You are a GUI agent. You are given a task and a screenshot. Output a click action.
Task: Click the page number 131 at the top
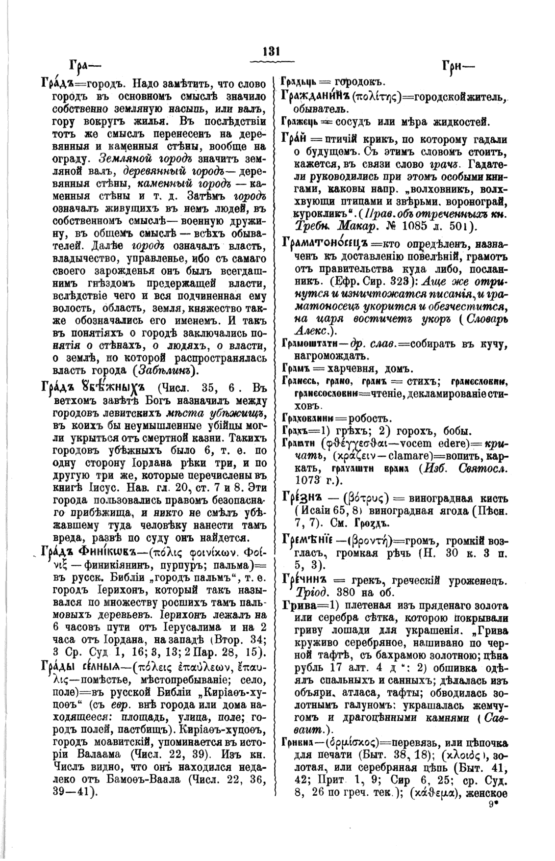point(271,52)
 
